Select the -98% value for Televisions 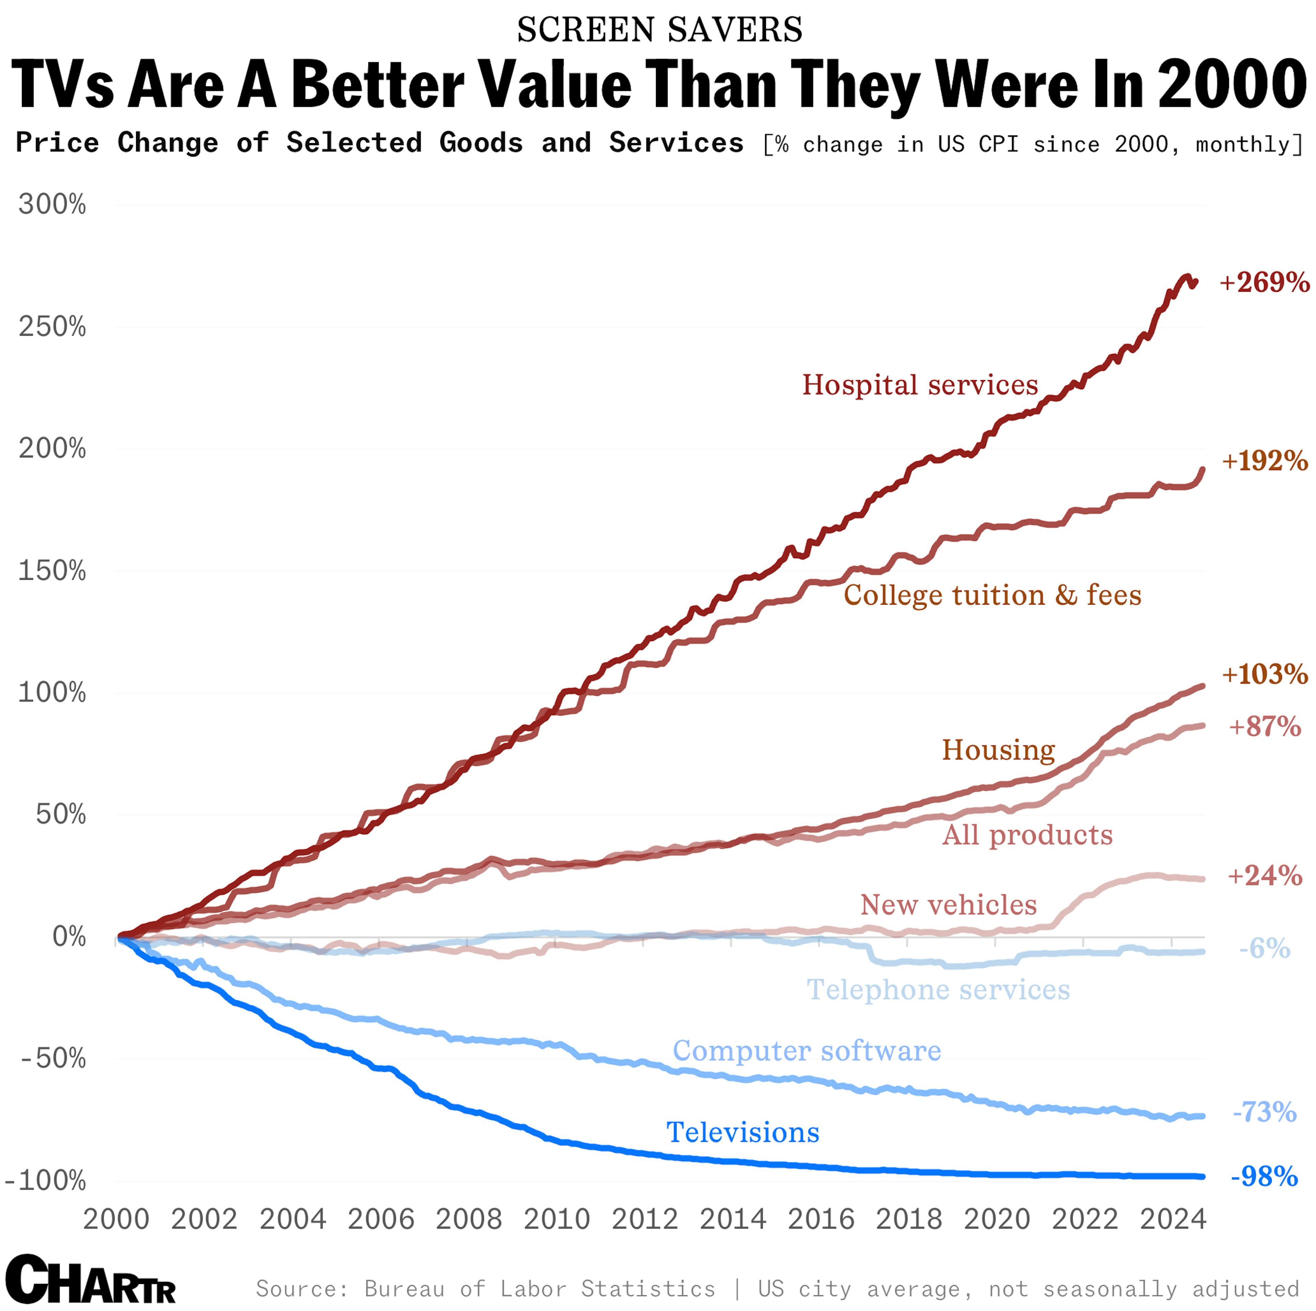click(x=1264, y=1176)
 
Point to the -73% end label click(x=1264, y=1112)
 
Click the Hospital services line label click(x=919, y=385)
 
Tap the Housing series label click(x=999, y=750)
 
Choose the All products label click(x=1027, y=835)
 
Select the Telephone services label click(x=938, y=990)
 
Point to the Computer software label click(x=806, y=1051)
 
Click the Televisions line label click(x=742, y=1133)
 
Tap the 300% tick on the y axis click(x=52, y=204)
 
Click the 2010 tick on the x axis click(x=557, y=1219)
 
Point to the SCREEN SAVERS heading click(x=659, y=30)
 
